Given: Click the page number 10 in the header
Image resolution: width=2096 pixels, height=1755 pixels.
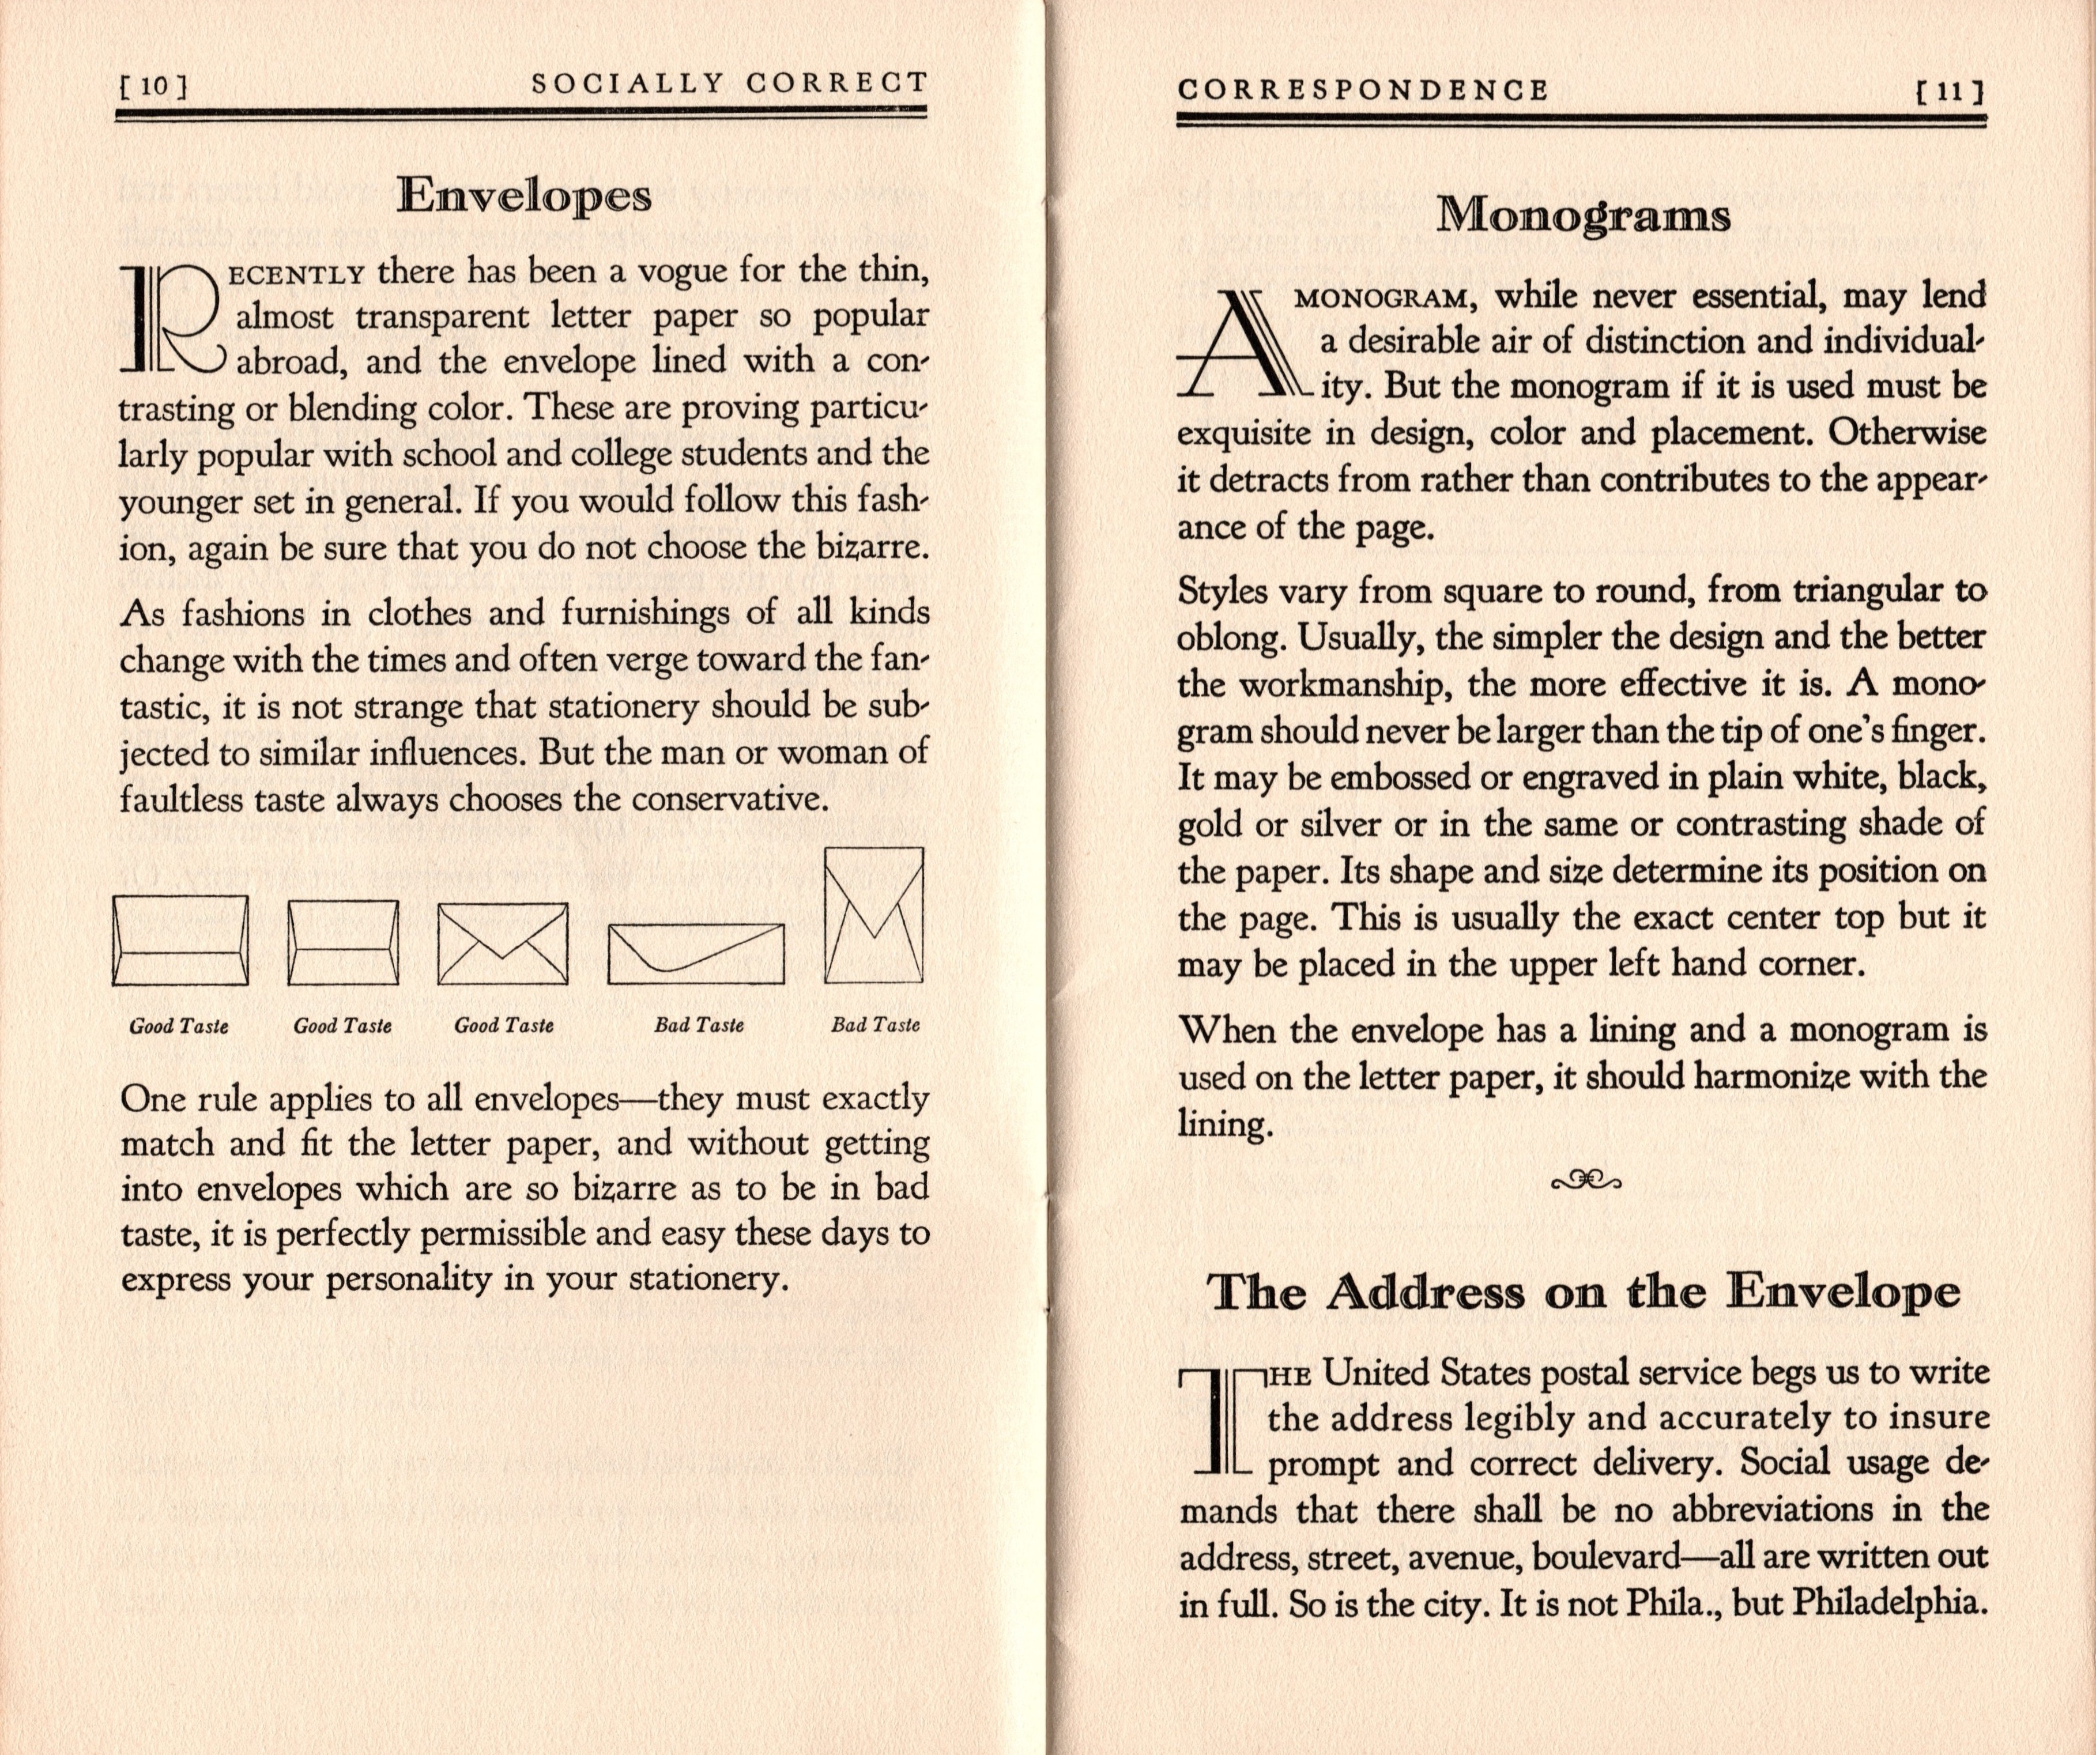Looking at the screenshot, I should click(x=154, y=87).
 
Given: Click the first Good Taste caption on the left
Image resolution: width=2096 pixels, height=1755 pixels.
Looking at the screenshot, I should click(x=179, y=1026).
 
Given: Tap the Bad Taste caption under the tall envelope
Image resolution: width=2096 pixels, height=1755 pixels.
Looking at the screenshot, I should click(x=875, y=1025).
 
